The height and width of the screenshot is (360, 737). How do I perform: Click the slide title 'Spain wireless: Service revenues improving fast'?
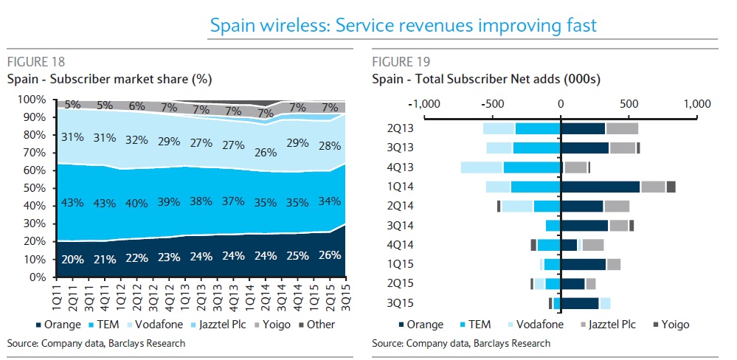(403, 27)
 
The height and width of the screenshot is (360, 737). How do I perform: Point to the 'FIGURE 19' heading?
(401, 61)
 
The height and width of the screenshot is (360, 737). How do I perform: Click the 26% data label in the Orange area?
(329, 255)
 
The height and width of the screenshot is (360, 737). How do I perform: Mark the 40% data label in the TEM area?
(136, 201)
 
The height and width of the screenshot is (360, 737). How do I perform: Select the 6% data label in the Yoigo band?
(136, 105)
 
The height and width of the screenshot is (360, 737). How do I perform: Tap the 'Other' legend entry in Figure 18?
(315, 325)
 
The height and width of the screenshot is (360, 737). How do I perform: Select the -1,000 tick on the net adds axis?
(425, 103)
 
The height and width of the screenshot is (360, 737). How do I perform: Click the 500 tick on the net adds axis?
(629, 103)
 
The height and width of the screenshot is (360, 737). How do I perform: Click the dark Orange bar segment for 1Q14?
(600, 187)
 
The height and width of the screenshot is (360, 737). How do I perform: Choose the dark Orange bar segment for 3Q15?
(580, 303)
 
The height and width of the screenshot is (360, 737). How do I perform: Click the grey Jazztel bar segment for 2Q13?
(622, 128)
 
